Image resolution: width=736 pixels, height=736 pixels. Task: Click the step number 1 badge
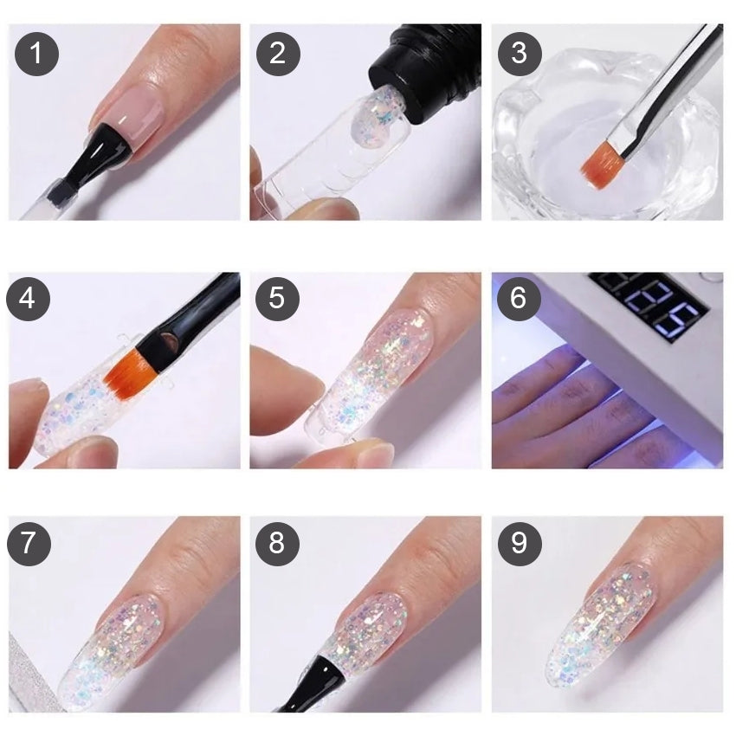point(36,53)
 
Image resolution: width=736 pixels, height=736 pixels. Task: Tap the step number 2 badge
point(278,53)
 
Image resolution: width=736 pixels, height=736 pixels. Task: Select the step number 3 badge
point(520,53)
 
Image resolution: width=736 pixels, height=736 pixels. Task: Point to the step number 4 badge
point(29,299)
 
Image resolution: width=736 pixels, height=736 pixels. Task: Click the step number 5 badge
point(277,299)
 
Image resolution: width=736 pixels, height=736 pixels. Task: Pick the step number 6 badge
point(519,299)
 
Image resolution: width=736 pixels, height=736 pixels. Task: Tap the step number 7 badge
point(29,543)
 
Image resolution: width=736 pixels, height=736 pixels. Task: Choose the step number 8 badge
point(277,543)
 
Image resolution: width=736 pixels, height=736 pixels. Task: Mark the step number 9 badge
point(520,543)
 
